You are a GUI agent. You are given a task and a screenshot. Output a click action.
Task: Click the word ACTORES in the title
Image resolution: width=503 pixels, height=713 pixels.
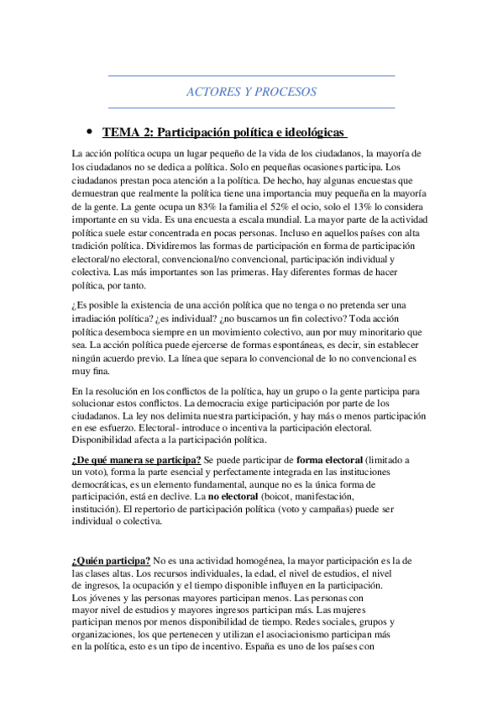pyautogui.click(x=212, y=92)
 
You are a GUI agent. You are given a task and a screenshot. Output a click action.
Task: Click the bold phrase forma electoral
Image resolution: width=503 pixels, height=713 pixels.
pyautogui.click(x=330, y=460)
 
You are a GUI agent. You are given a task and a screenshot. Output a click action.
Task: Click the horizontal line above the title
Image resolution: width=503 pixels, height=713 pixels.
pyautogui.click(x=252, y=77)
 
